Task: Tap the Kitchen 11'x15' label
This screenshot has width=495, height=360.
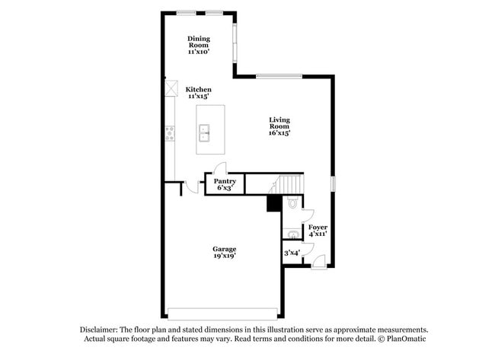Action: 199,93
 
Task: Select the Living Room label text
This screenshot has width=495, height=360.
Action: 279,126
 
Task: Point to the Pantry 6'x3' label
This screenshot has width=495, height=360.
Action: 224,184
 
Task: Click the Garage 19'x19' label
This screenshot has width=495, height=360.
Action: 224,252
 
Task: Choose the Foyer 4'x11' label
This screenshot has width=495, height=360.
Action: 317,230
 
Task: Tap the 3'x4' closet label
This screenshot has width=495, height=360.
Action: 292,252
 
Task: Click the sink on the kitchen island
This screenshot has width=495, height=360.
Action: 205,135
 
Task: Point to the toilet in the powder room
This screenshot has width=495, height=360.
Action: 292,204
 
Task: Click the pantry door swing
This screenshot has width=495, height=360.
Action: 219,169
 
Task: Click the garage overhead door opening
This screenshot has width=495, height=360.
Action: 223,314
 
